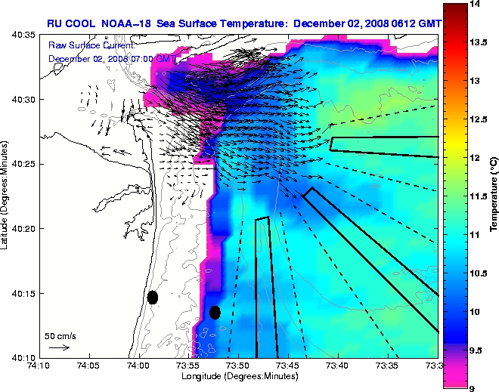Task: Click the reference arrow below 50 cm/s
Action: [x=59, y=347]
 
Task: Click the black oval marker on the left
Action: [x=153, y=297]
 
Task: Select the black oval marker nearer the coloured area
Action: [x=215, y=312]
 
